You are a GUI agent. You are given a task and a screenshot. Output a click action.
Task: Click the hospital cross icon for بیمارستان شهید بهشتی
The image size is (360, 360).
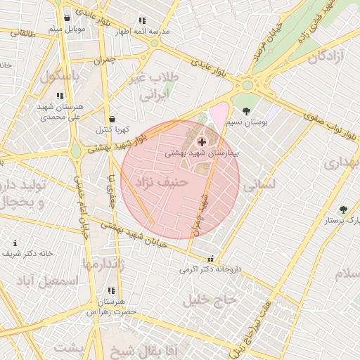coord(202,142)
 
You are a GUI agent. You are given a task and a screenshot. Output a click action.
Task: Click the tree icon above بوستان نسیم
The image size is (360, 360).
coord(245,111)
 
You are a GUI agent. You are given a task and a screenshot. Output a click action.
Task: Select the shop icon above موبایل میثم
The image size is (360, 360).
coord(67,18)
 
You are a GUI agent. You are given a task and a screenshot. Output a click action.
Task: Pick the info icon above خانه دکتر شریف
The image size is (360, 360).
coord(15,243)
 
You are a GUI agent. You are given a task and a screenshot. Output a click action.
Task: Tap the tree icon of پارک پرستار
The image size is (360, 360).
coord(343,210)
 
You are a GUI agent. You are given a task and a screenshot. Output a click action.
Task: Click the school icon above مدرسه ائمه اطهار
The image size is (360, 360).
coord(143,21)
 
